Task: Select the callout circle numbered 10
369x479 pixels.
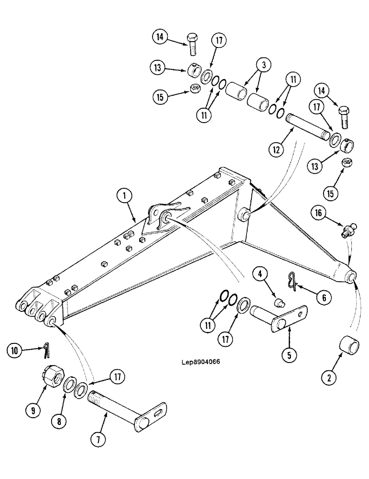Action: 15,351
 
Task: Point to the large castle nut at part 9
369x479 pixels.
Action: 51,380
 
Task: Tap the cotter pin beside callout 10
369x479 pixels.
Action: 46,351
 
